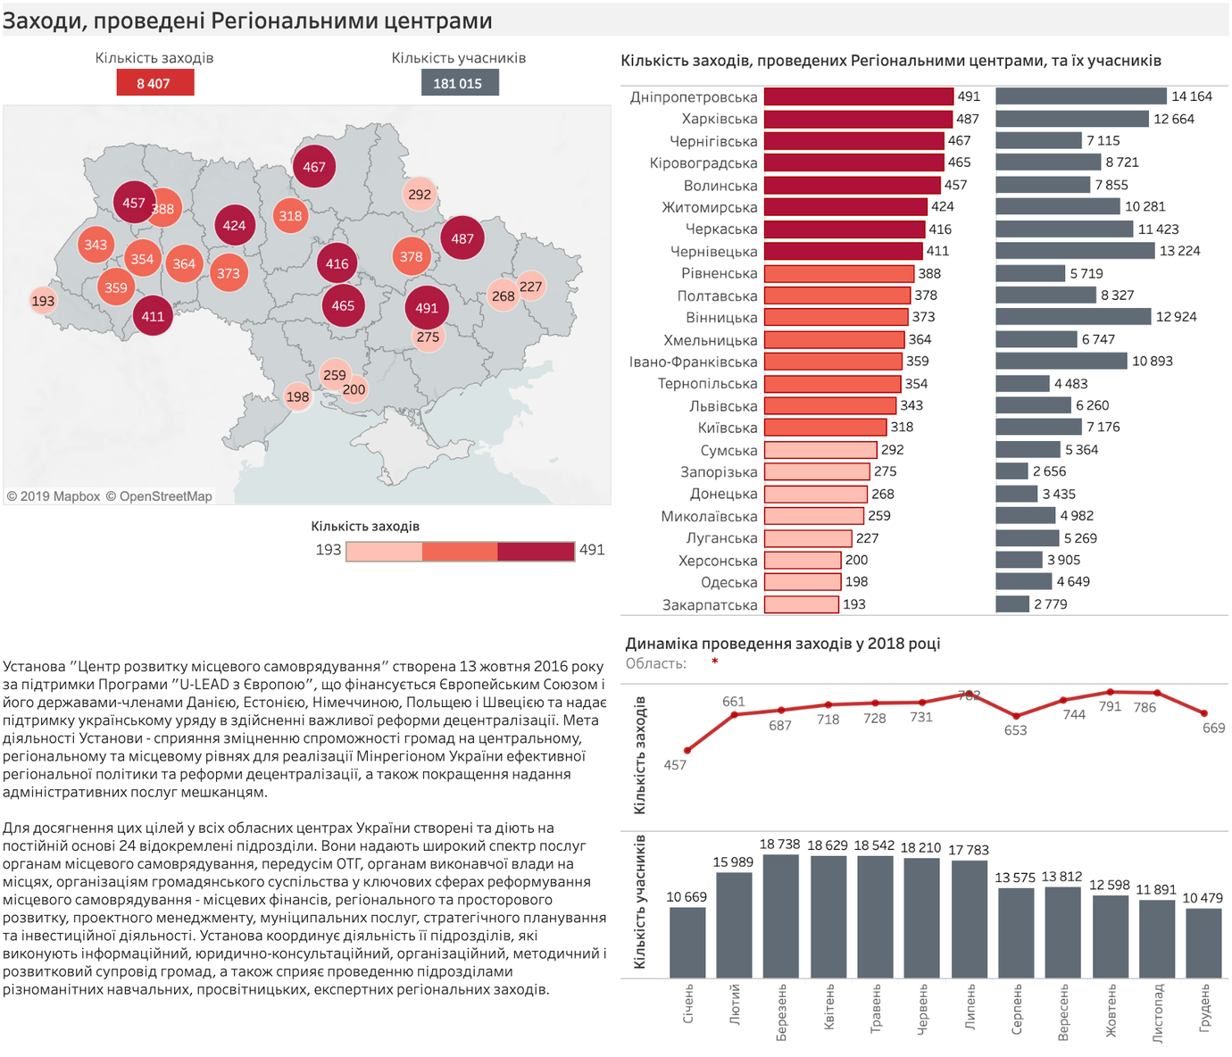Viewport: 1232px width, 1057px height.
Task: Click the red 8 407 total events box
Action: (x=155, y=83)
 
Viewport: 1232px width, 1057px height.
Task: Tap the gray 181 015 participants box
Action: (x=460, y=83)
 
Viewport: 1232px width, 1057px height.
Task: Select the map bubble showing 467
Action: (x=313, y=166)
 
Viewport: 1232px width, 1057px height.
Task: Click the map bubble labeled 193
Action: (x=43, y=301)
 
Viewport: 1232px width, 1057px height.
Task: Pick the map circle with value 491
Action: (x=427, y=308)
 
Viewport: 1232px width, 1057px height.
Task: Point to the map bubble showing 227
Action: (x=530, y=287)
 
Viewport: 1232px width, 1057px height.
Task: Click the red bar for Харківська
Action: (x=858, y=120)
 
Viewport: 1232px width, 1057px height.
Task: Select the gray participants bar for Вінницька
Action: (x=1073, y=317)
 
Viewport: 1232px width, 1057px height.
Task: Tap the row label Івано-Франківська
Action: (x=693, y=362)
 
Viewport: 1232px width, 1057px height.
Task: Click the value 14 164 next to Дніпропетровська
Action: (x=1192, y=96)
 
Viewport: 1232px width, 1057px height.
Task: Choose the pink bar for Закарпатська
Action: (x=802, y=603)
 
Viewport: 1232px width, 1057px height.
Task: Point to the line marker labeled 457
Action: (x=687, y=751)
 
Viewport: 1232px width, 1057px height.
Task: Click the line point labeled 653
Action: (x=1016, y=716)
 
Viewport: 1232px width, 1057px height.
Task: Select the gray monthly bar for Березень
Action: (x=781, y=916)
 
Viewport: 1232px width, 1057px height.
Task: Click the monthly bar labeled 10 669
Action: (x=687, y=943)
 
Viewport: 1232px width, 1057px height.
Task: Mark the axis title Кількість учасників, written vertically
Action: (x=639, y=902)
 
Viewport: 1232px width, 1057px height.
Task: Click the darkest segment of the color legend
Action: (x=536, y=552)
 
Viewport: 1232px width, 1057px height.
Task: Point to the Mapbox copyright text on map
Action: (x=54, y=496)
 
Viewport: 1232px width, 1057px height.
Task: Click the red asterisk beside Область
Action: (x=714, y=662)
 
